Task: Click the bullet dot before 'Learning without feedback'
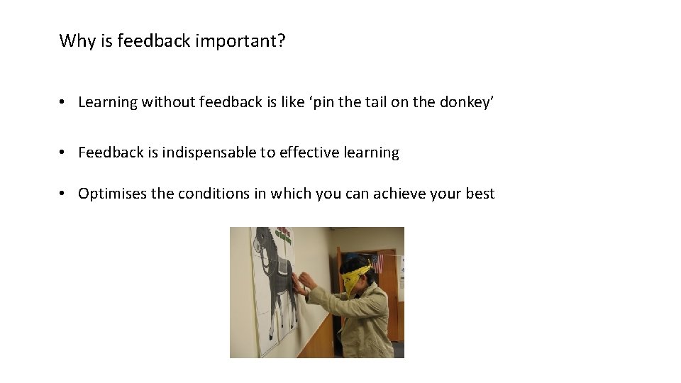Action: pyautogui.click(x=63, y=103)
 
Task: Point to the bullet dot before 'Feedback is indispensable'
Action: pyautogui.click(x=63, y=153)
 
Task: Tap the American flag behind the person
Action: pyautogui.click(x=377, y=262)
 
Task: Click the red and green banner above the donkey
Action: pyautogui.click(x=284, y=234)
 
